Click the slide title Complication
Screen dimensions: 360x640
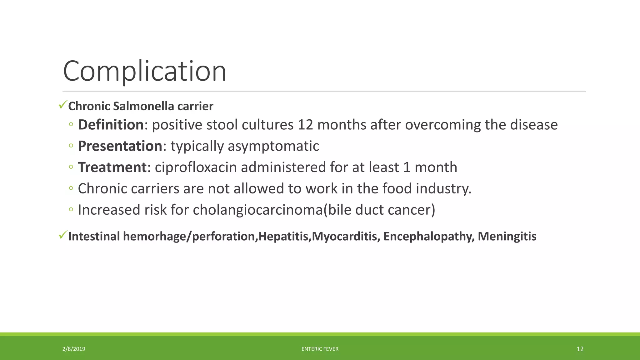(x=144, y=72)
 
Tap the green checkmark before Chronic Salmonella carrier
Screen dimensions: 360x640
(x=63, y=105)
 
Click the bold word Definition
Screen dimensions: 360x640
(x=110, y=125)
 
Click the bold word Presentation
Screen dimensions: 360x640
(x=120, y=146)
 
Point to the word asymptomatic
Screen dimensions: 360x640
(x=273, y=146)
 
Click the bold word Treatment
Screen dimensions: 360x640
(x=112, y=167)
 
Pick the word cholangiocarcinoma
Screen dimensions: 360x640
(x=257, y=210)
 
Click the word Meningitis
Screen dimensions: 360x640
(x=507, y=236)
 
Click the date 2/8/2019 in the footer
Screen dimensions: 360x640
(x=74, y=349)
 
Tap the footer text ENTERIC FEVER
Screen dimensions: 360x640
(x=320, y=349)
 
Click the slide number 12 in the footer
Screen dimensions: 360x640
(x=580, y=349)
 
